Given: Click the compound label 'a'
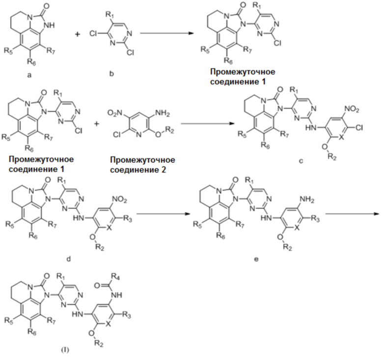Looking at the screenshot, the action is (29, 75).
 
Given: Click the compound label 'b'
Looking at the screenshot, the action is (111, 74).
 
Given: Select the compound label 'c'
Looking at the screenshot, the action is (301, 161).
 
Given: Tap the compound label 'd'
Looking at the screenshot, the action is (69, 258).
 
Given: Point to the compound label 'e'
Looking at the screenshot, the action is (256, 259).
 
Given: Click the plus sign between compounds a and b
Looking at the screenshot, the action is (77, 34).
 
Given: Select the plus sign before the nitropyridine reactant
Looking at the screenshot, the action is (97, 124).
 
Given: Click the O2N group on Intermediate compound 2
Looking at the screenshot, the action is (113, 113).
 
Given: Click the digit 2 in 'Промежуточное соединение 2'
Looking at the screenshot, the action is (163, 169).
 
